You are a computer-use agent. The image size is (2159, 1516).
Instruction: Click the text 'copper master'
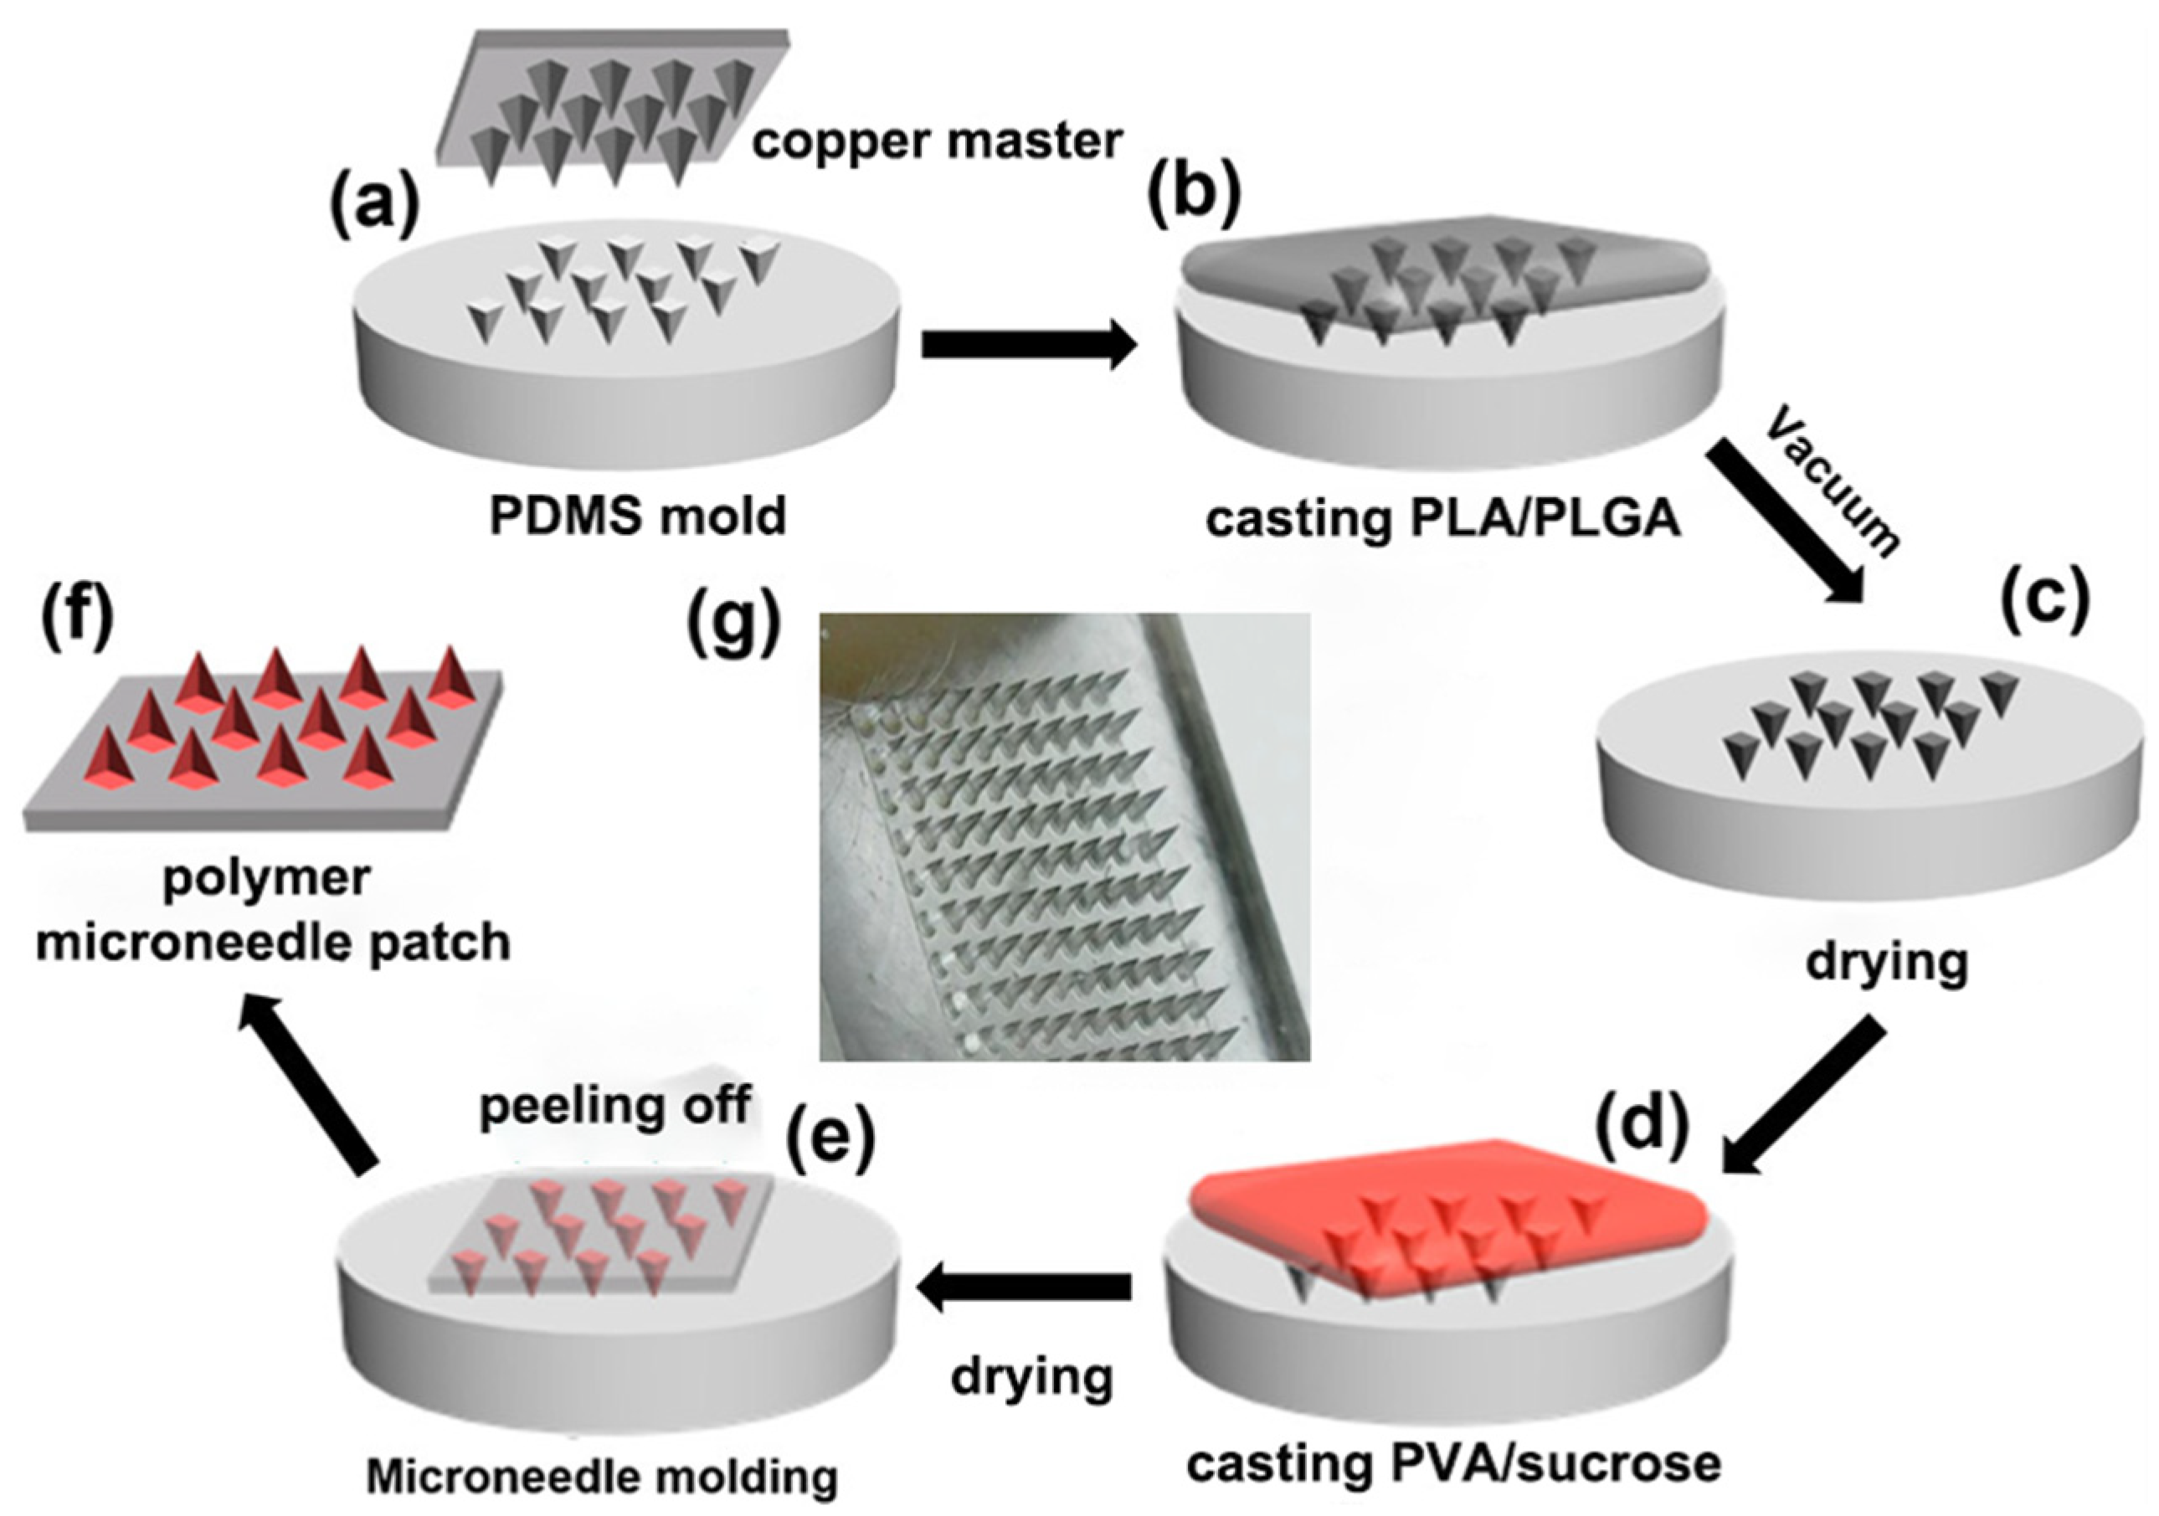(x=938, y=142)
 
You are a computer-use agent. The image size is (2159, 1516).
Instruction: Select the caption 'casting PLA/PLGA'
(x=1442, y=519)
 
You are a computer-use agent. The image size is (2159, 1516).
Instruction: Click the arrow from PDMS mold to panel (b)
(x=1029, y=344)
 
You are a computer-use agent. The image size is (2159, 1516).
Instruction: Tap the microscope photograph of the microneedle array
(x=1065, y=837)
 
